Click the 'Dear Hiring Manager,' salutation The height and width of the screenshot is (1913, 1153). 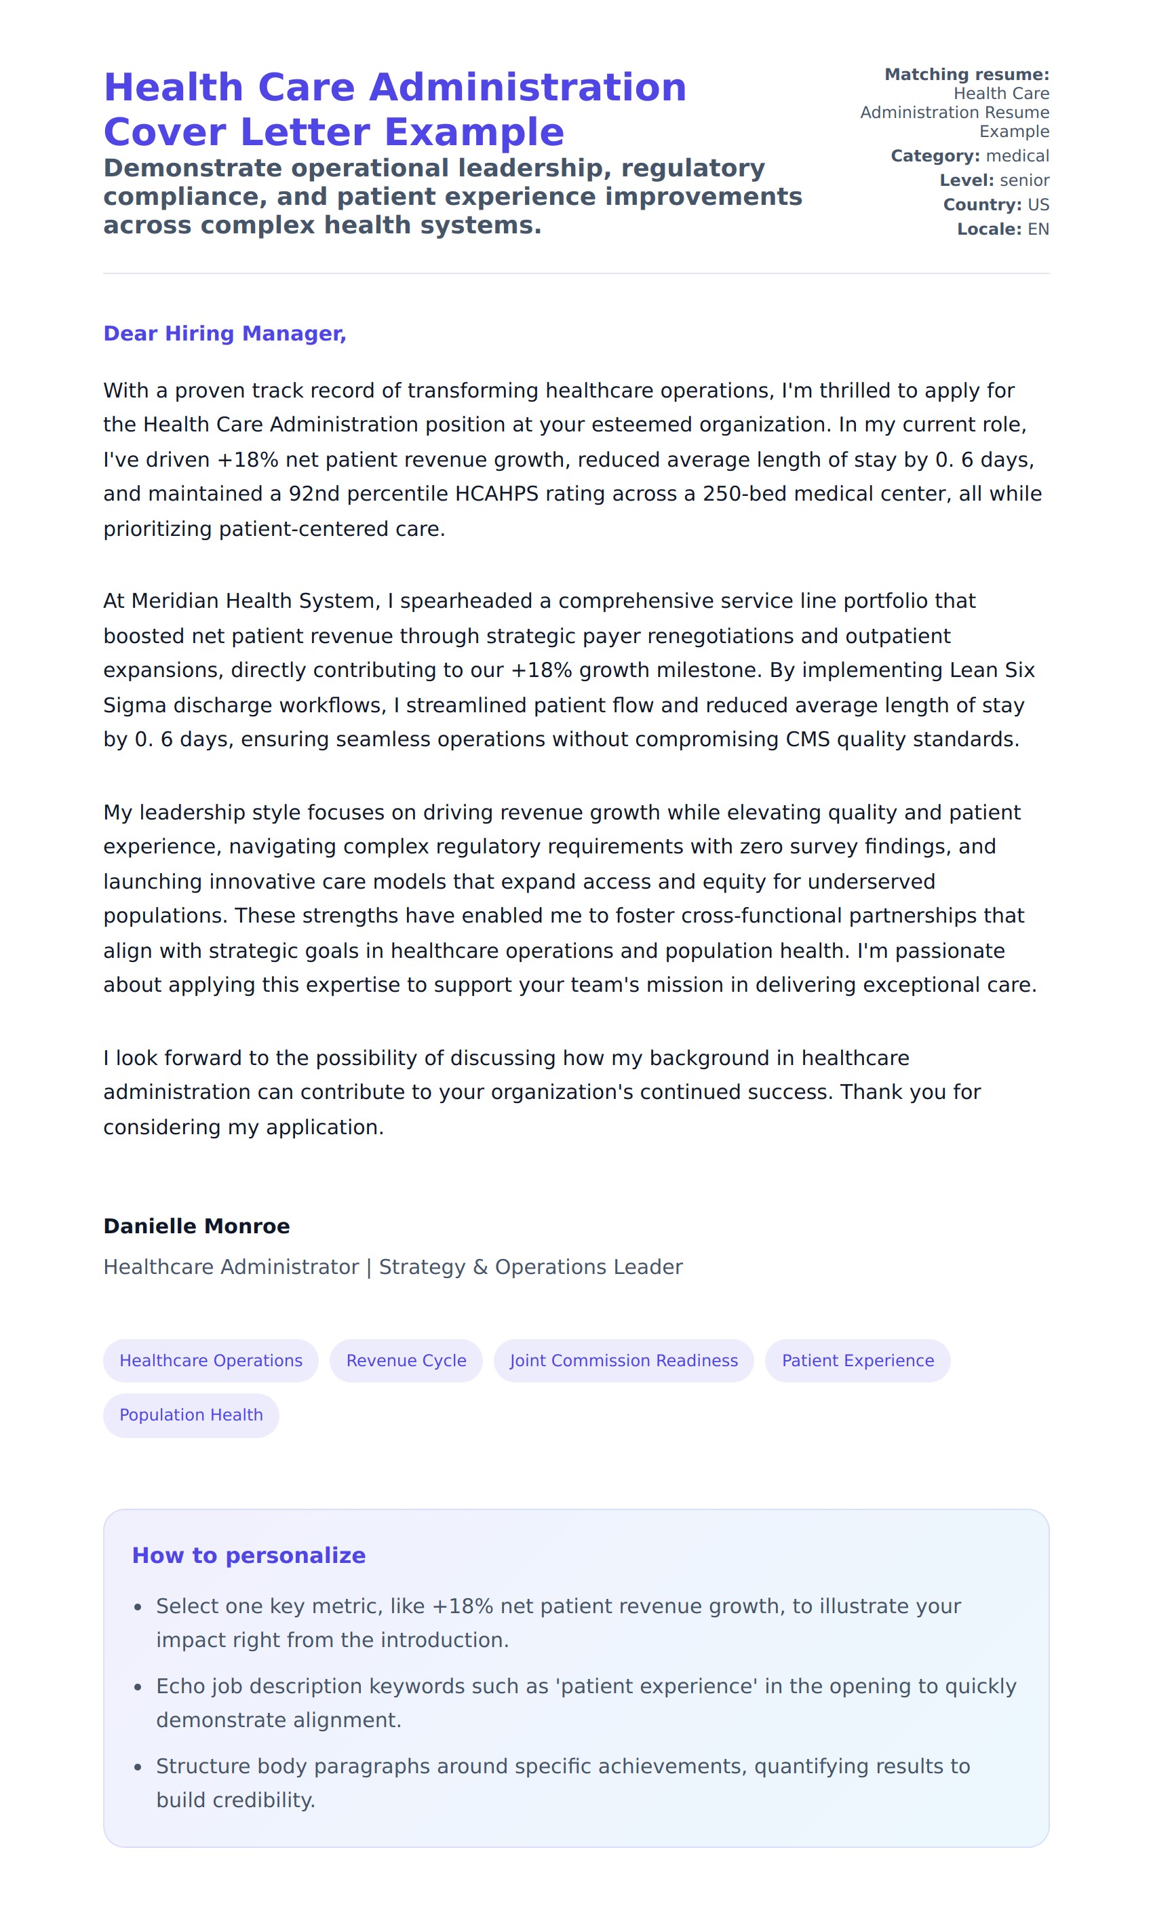(x=224, y=333)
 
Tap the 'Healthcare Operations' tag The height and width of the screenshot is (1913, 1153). (x=210, y=1360)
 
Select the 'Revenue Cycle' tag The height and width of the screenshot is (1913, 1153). (x=406, y=1360)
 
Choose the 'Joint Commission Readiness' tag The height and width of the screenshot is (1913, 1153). (x=623, y=1360)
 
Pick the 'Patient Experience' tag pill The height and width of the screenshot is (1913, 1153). (x=857, y=1360)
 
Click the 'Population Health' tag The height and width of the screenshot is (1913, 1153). (x=191, y=1414)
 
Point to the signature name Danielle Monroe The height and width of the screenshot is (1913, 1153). (x=197, y=1226)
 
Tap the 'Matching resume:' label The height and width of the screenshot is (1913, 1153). (x=966, y=75)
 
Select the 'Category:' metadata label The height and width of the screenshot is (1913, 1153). (x=935, y=156)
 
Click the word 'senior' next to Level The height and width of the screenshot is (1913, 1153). (x=1024, y=180)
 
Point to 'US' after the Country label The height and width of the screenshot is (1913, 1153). (x=1038, y=205)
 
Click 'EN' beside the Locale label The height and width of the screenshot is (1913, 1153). (x=1038, y=229)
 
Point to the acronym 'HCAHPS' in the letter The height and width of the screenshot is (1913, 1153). (x=496, y=494)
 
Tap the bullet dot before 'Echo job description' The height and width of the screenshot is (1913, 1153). (x=138, y=1687)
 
